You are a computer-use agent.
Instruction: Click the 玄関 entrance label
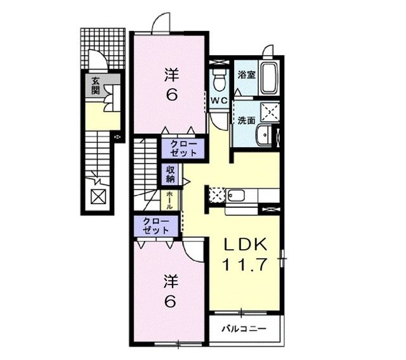click(95, 85)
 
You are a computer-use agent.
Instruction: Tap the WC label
click(219, 100)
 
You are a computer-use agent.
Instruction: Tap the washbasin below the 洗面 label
click(266, 136)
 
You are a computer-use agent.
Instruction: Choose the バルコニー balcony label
click(244, 330)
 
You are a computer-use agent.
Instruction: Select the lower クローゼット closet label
click(156, 225)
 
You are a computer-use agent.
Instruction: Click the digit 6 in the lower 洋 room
click(170, 302)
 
